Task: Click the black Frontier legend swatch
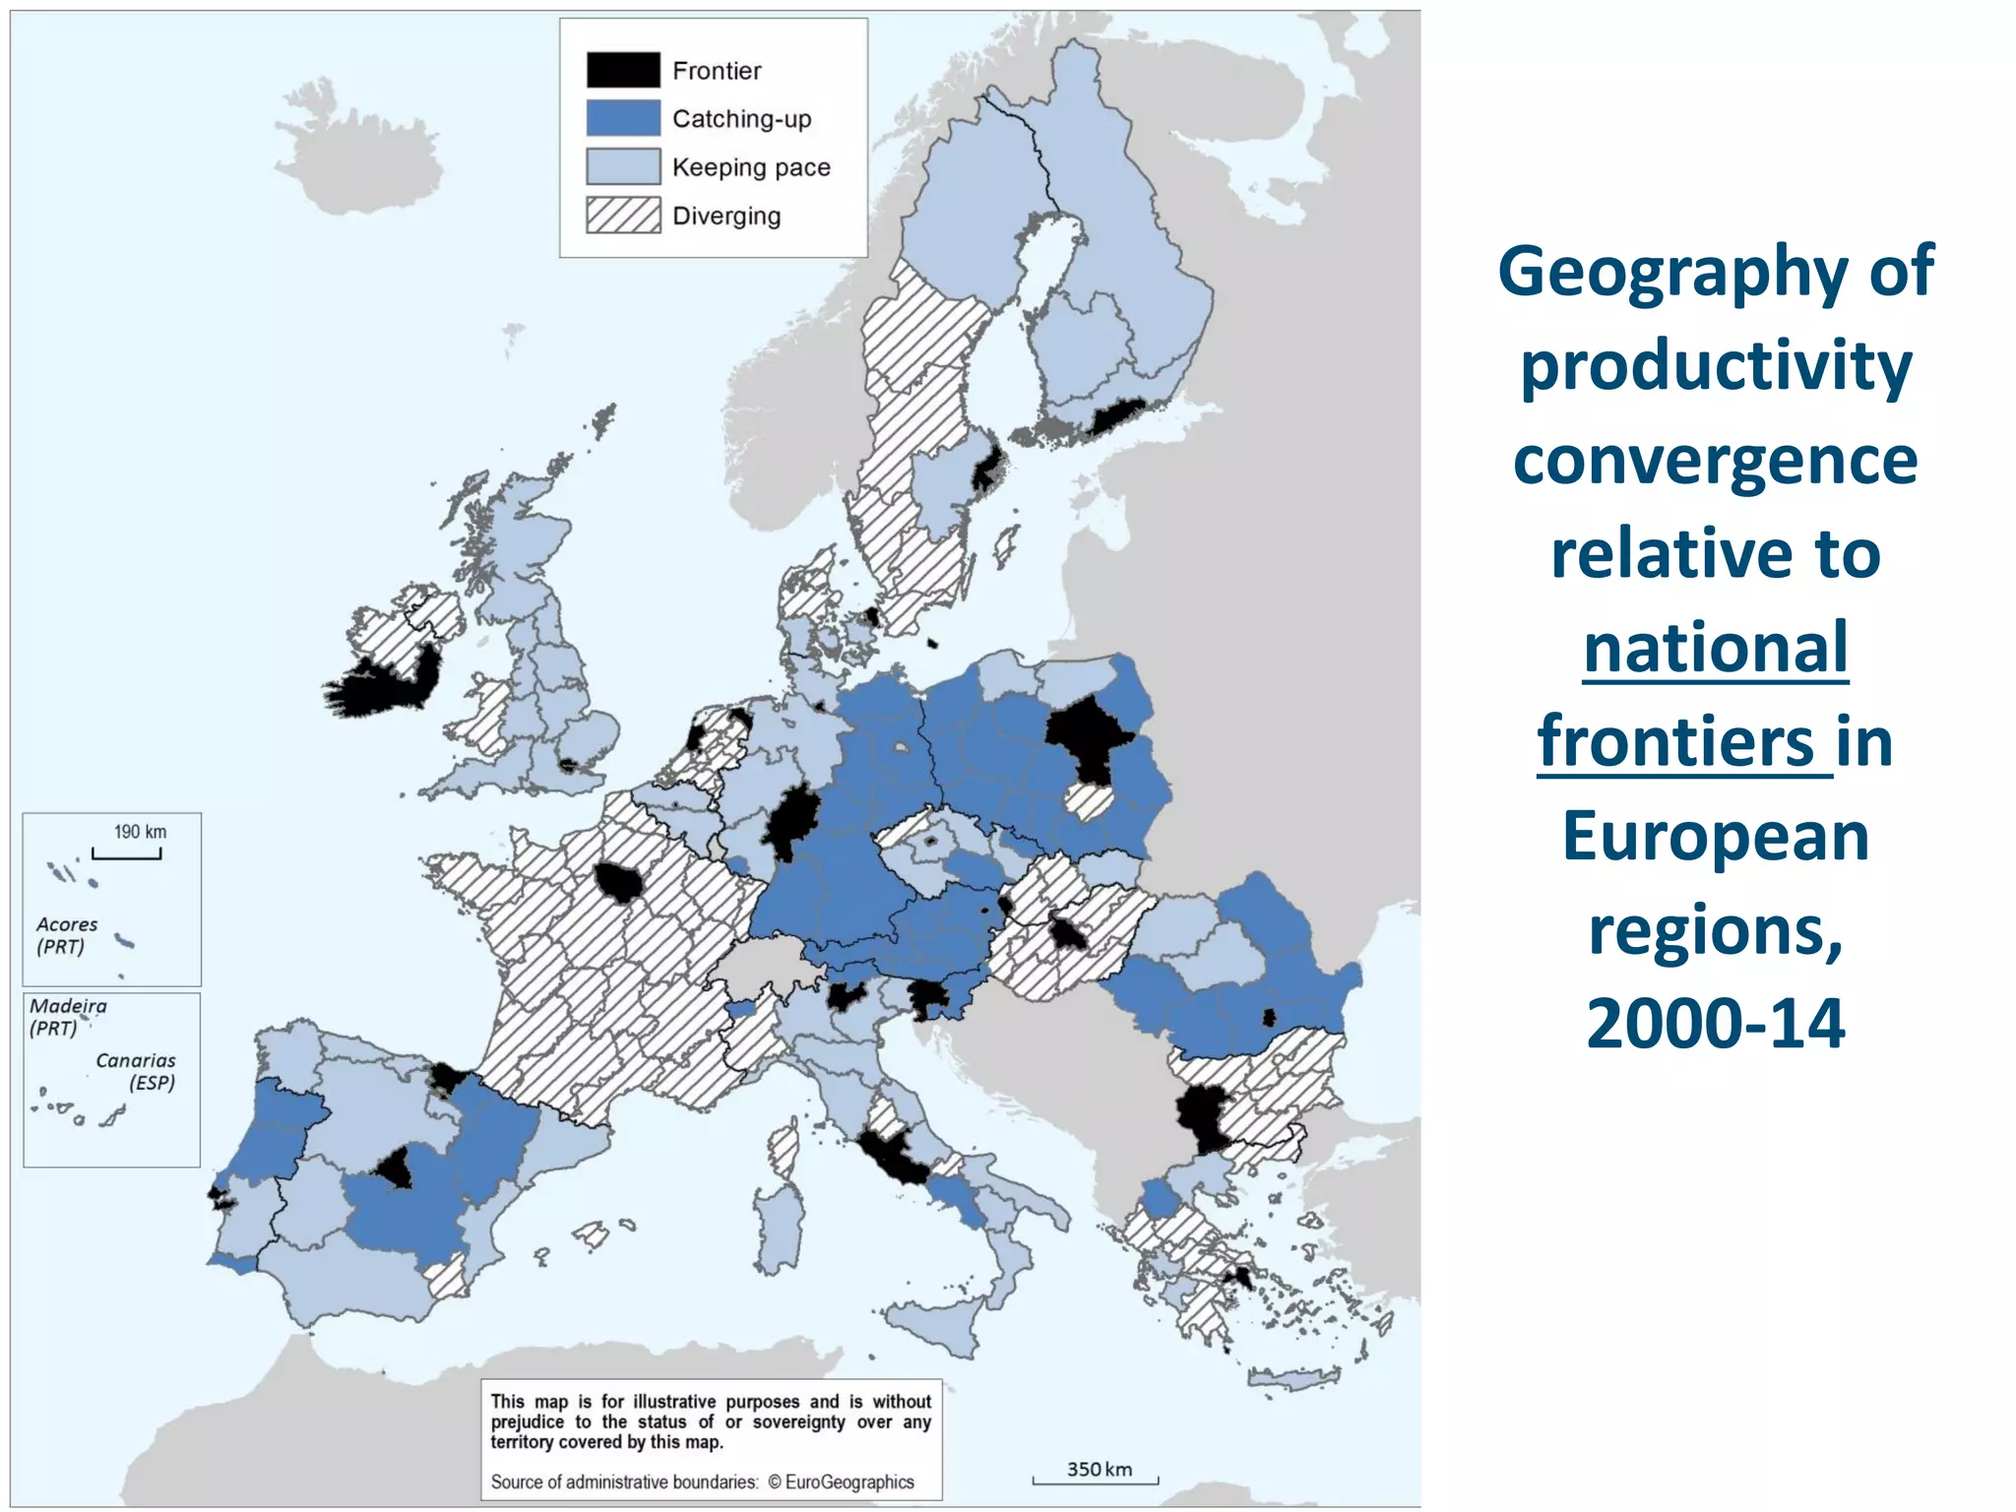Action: tap(622, 70)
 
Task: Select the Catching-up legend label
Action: tap(741, 119)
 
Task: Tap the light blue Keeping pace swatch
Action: tap(622, 166)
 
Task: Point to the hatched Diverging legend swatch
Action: tap(622, 215)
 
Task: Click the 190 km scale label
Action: tap(140, 832)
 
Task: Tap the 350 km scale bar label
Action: tap(1099, 1470)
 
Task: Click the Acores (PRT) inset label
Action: tap(66, 935)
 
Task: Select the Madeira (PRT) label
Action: tap(67, 1016)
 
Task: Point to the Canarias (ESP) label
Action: tap(136, 1071)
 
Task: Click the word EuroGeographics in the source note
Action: tap(849, 1481)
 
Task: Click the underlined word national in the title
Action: tap(1715, 648)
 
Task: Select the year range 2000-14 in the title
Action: tap(1715, 1023)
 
